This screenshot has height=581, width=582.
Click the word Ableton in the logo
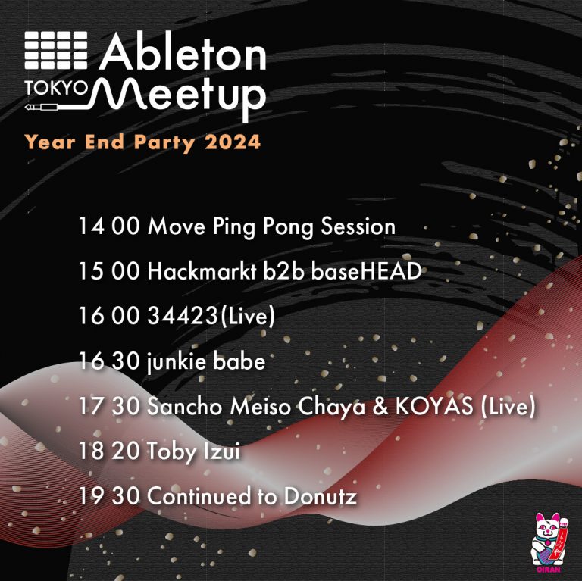point(183,52)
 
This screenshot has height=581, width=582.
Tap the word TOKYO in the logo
point(55,89)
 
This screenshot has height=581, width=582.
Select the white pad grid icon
point(56,51)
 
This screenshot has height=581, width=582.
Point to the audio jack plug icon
point(41,108)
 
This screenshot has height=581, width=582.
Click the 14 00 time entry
point(109,226)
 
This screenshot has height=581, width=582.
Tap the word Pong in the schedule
point(288,227)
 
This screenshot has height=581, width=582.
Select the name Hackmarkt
point(202,271)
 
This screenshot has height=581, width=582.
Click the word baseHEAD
point(366,271)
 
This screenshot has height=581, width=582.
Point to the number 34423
point(182,316)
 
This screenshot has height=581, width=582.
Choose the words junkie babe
point(206,362)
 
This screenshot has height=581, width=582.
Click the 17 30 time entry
point(109,407)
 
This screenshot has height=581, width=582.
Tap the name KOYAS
point(434,406)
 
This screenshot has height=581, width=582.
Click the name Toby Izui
point(193,452)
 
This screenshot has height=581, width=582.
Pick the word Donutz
point(321,496)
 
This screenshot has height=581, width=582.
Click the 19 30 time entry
point(109,496)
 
